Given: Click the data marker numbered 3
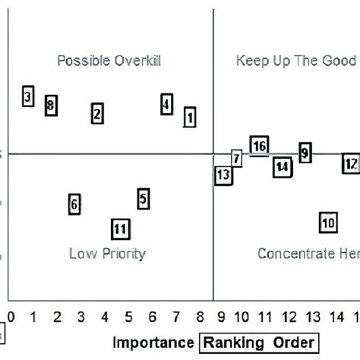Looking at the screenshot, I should coord(27,96).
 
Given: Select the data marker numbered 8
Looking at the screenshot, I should coord(51,106).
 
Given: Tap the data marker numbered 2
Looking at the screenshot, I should coord(97,114).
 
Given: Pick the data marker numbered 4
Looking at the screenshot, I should coord(167,104).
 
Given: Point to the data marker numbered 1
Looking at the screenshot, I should coord(190,117).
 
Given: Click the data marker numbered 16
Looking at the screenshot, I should coord(259,146).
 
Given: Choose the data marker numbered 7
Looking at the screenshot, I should coord(237,159).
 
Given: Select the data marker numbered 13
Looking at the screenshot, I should coord(223,175).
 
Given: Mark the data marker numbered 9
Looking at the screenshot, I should coord(305,153).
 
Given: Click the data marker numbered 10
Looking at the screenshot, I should coord(328,223).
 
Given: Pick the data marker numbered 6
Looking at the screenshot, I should coord(74,204).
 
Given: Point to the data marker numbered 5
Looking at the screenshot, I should coord(144,199).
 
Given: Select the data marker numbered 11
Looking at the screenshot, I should coord(119,228).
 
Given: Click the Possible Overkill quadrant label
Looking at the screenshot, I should coord(110,61).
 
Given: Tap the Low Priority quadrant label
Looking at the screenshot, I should coord(107,254).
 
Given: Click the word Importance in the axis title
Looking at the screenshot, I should coord(153,343).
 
